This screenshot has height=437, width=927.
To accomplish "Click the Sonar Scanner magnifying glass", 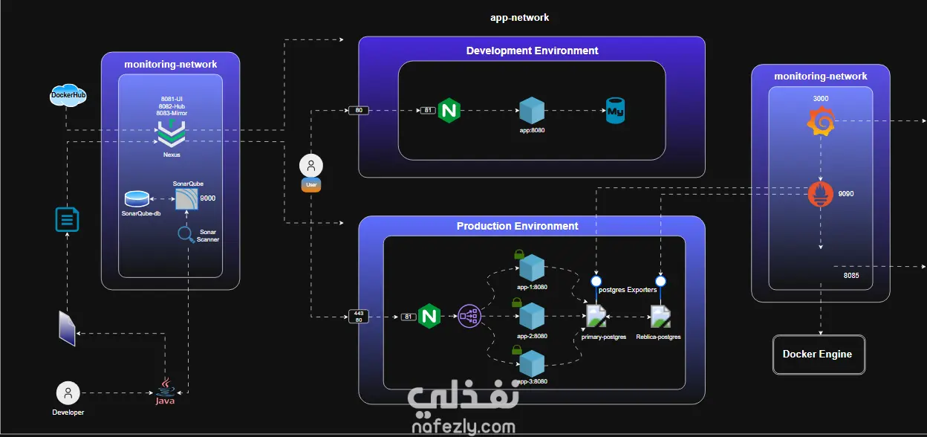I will [x=186, y=235].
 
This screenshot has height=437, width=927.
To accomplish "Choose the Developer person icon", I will [x=68, y=393].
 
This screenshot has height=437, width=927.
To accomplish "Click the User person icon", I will [x=311, y=166].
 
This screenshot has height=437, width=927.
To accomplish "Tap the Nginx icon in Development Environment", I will [x=449, y=110].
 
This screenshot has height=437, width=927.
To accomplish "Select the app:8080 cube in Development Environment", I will [x=532, y=110].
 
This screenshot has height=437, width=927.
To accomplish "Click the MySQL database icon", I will [x=616, y=110].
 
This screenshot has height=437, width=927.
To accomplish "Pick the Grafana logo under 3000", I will [x=821, y=122].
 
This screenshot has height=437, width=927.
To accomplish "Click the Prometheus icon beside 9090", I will [x=821, y=195].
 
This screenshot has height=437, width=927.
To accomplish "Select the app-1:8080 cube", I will [x=532, y=268].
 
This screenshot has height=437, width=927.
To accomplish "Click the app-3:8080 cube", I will [x=532, y=363].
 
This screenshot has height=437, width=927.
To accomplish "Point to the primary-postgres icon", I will [x=596, y=317].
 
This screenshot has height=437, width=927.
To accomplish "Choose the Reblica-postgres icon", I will [x=660, y=317].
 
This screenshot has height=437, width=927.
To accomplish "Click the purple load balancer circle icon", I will [x=469, y=317].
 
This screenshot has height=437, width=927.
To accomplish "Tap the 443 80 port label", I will [x=359, y=317].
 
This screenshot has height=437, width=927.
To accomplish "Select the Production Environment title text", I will [x=517, y=226].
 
